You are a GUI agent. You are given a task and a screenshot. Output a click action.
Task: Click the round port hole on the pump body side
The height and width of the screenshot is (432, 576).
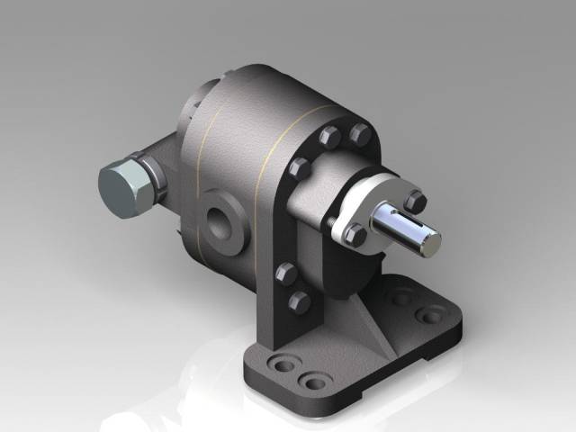tap(220, 220)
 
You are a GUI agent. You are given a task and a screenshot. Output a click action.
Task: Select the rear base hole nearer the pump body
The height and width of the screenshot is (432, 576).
tap(402, 297)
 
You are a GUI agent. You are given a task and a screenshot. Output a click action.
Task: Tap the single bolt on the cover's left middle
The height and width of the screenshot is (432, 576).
tap(300, 167)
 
